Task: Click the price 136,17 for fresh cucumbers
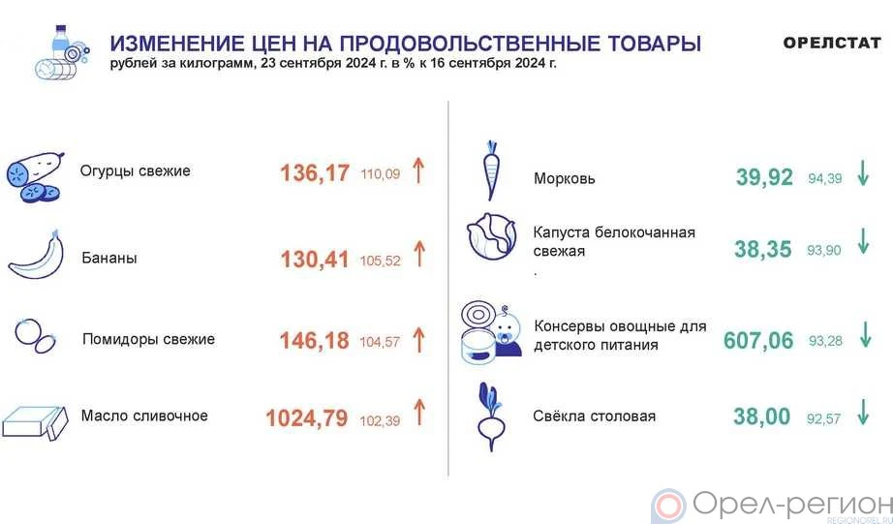[x=315, y=172]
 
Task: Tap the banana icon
[x=37, y=257]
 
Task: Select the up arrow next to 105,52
[x=419, y=254]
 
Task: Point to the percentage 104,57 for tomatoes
[x=380, y=342]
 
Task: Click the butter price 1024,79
[x=306, y=418]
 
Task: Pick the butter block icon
[x=35, y=422]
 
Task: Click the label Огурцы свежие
[x=136, y=170]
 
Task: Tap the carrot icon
[x=491, y=170]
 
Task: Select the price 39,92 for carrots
[x=764, y=177]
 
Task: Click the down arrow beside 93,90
[x=863, y=241]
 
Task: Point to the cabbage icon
[x=491, y=237]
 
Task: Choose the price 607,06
[x=758, y=341]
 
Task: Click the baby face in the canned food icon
[x=507, y=331]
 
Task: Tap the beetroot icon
[x=490, y=416]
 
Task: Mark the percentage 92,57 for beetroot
[x=823, y=419]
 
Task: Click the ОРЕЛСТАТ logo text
[x=831, y=43]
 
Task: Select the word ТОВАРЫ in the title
[x=655, y=44]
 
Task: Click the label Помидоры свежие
[x=148, y=339]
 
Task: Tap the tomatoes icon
[x=36, y=336]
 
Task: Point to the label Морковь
[x=565, y=179]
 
